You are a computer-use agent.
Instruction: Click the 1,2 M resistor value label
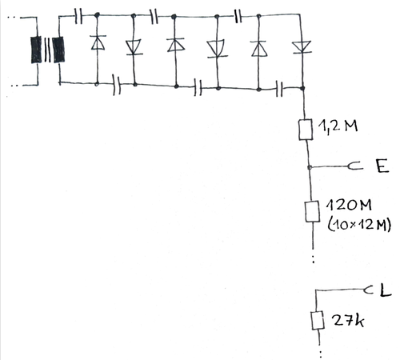[x=338, y=126]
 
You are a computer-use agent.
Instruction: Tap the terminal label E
[x=382, y=166]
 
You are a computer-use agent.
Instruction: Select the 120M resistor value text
[x=349, y=205]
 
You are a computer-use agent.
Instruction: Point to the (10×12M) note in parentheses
[x=359, y=225]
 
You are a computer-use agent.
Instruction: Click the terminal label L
[x=386, y=290]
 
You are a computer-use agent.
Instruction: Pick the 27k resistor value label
[x=348, y=320]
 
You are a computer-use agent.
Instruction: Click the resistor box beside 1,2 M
[x=306, y=130]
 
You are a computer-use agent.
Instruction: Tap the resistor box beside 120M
[x=312, y=211]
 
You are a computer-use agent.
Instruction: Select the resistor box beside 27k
[x=318, y=320]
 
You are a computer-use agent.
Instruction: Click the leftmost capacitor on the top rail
[x=78, y=16]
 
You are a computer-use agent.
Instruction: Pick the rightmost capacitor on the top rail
[x=238, y=17]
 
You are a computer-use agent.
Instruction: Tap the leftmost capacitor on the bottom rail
[x=117, y=85]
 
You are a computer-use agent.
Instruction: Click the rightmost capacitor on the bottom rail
[x=279, y=88]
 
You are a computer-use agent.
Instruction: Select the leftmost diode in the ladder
[x=98, y=42]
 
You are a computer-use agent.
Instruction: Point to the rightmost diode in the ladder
[x=302, y=47]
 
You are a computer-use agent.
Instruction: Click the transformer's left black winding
[x=36, y=50]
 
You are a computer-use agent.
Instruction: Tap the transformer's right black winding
[x=58, y=50]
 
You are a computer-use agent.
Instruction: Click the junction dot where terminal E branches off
[x=310, y=167]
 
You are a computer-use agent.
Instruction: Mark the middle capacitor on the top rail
[x=154, y=17]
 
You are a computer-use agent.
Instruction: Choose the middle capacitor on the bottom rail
[x=198, y=87]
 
